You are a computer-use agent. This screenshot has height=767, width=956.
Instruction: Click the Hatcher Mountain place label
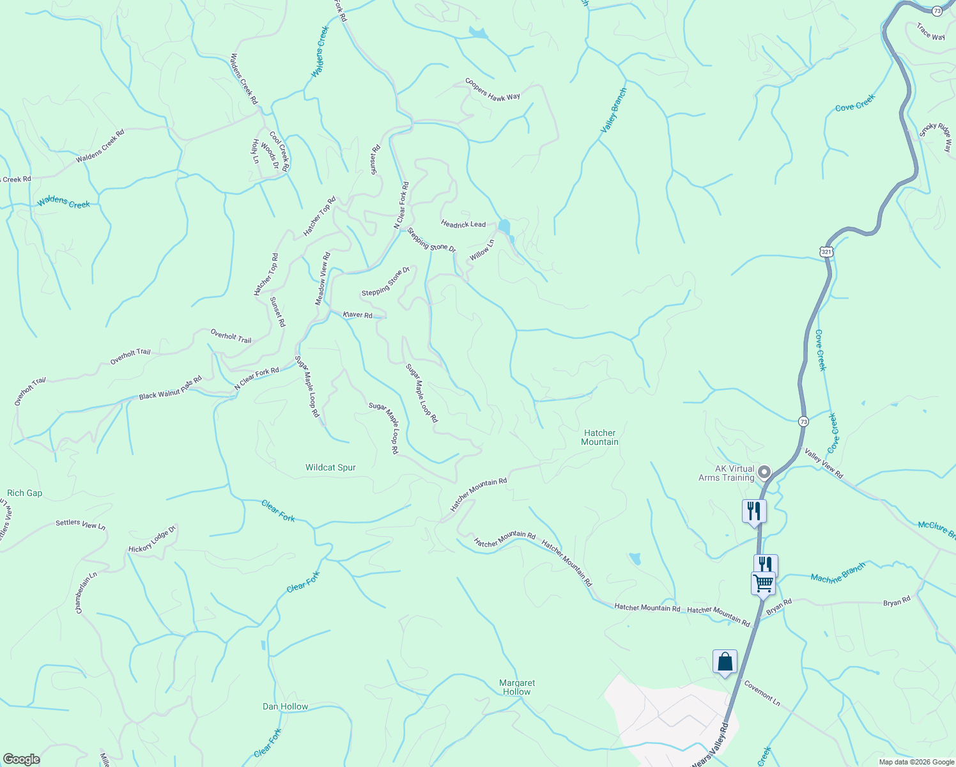point(599,437)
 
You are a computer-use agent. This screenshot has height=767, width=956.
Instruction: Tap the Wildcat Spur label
point(330,467)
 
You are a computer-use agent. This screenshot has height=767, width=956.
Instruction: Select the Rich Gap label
point(24,493)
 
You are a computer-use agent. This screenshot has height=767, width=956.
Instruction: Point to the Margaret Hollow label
point(516,687)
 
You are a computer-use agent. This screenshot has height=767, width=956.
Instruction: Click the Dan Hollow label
point(285,706)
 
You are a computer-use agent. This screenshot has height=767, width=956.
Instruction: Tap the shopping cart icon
point(763,582)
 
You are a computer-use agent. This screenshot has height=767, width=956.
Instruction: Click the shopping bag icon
point(725,661)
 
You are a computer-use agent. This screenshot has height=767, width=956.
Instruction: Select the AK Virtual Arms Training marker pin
point(764,473)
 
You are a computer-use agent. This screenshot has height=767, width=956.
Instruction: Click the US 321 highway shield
point(827,252)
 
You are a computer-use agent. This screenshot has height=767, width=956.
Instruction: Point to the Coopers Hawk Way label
point(492,89)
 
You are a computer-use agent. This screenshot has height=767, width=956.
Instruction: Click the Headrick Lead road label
point(463,224)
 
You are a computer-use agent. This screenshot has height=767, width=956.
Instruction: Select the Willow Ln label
point(482,250)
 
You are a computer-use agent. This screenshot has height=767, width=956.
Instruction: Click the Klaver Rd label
point(357,315)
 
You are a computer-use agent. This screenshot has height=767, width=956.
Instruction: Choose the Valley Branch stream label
point(613,111)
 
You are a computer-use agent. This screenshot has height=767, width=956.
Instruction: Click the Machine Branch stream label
point(838,573)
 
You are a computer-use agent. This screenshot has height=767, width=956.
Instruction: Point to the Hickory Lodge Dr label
point(152,541)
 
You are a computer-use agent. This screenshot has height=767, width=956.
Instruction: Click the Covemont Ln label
point(762,693)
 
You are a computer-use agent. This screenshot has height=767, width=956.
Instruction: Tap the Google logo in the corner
point(21,759)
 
